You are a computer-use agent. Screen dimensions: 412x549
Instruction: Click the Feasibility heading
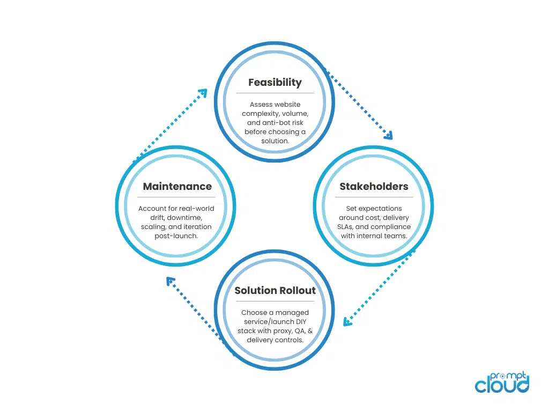[274, 83]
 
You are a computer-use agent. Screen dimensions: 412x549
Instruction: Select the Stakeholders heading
[374, 187]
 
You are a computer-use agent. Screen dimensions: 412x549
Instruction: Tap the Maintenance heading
[177, 187]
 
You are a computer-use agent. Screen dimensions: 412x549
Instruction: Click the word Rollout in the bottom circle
[296, 291]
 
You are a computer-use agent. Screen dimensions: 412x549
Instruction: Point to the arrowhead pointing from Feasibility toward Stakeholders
[389, 135]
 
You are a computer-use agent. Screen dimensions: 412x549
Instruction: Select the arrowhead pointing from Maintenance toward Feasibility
[203, 93]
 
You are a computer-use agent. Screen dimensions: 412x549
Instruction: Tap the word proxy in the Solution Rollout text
[282, 331]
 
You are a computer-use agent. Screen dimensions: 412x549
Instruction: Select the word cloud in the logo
[501, 385]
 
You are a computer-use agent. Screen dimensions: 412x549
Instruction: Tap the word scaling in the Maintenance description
[154, 227]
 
